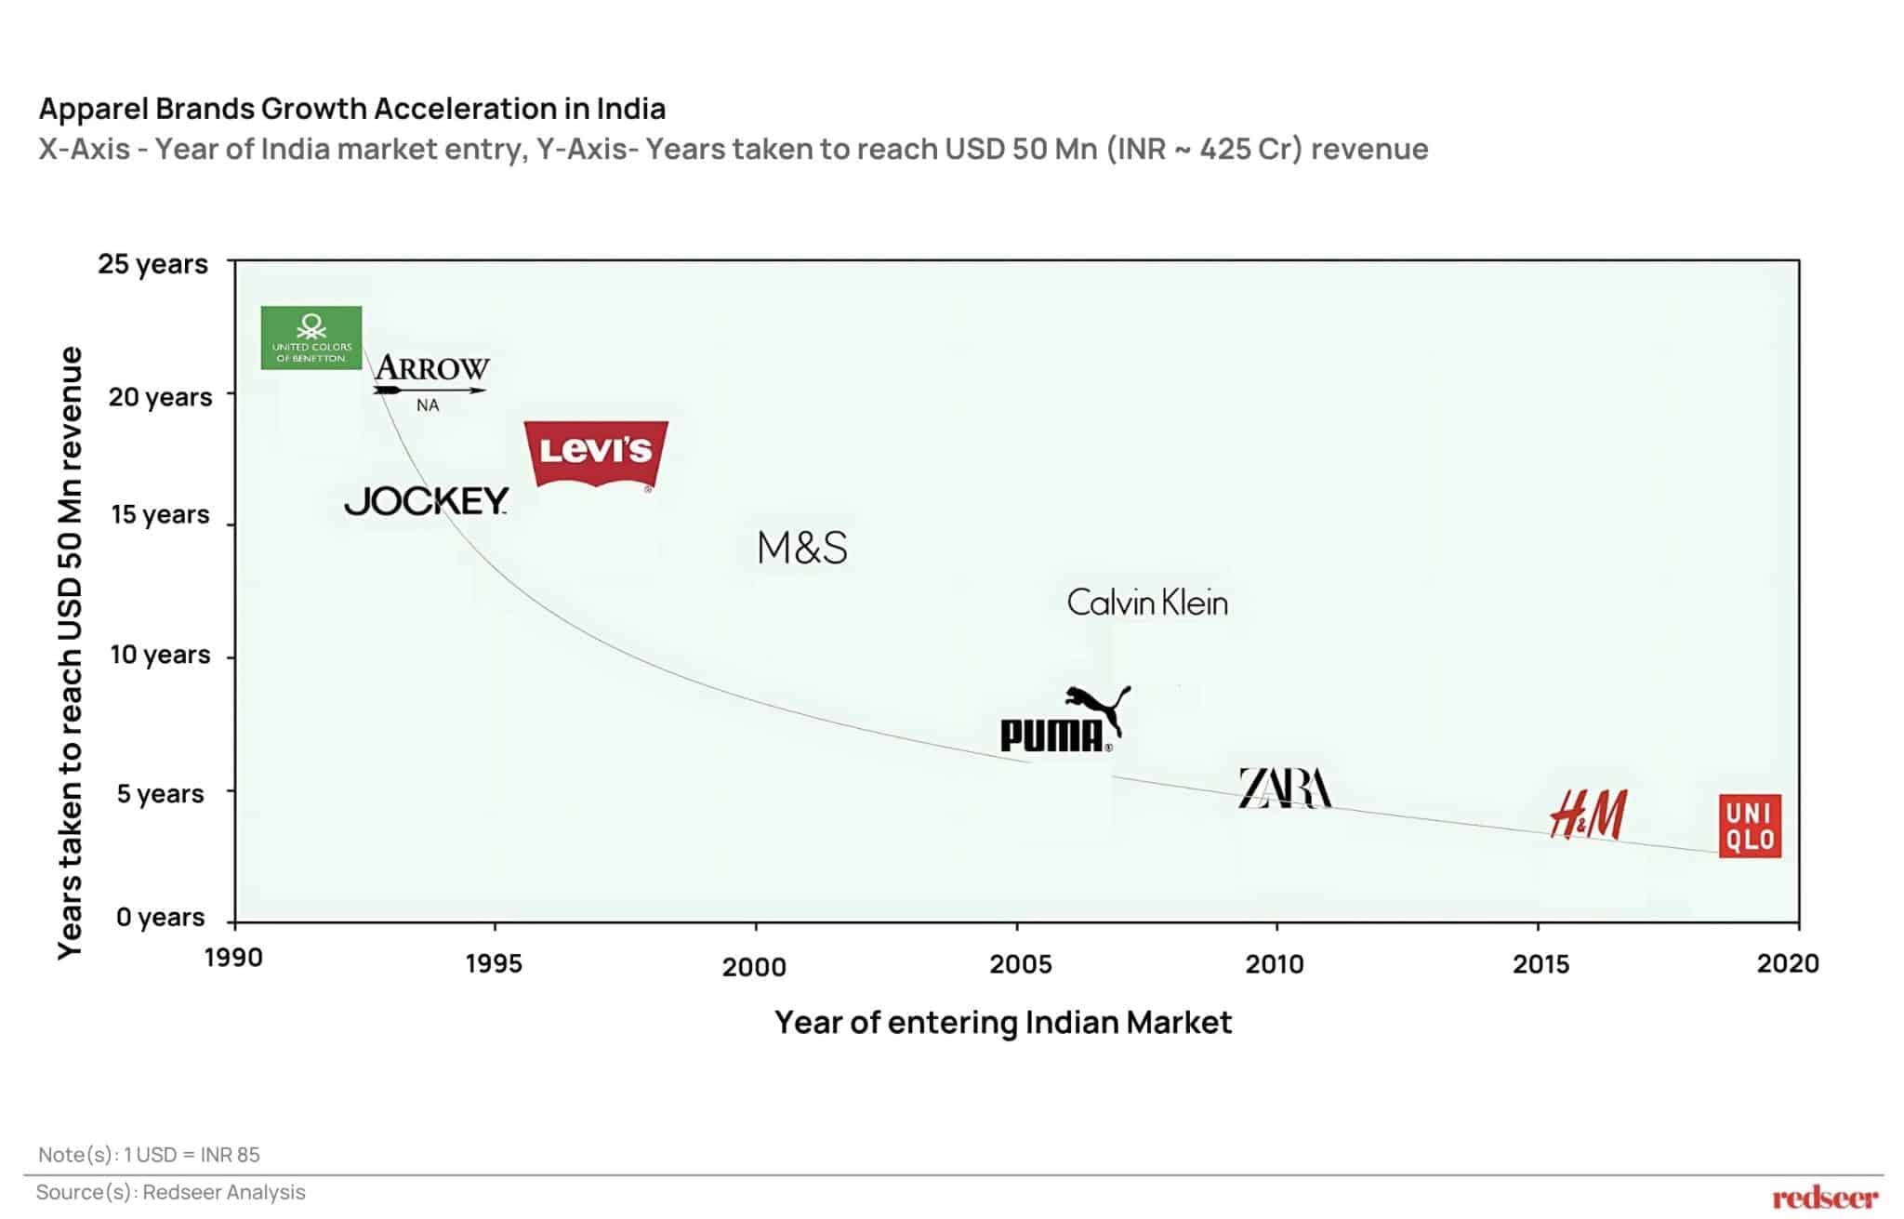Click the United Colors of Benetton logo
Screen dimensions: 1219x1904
[x=311, y=338]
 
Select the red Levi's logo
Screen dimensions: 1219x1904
[x=596, y=453]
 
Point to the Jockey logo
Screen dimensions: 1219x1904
[x=427, y=501]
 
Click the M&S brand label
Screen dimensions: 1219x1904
[x=802, y=548]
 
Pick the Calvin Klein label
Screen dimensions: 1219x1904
[x=1147, y=603]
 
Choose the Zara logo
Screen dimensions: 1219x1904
[x=1285, y=788]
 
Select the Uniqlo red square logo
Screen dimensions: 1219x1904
[x=1750, y=826]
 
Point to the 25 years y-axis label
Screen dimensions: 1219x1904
[x=153, y=264]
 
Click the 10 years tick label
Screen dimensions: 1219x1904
[x=160, y=655]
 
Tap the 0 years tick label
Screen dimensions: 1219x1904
[x=160, y=917]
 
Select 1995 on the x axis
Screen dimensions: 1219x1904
[x=494, y=963]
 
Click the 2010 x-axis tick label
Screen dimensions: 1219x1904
[x=1275, y=964]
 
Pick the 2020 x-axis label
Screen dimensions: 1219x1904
[x=1787, y=963]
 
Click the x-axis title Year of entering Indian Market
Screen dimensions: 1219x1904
[x=1003, y=1023]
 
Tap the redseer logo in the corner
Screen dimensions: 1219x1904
[x=1824, y=1198]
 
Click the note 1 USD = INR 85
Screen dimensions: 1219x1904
[x=150, y=1155]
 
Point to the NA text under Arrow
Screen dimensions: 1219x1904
[x=428, y=405]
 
